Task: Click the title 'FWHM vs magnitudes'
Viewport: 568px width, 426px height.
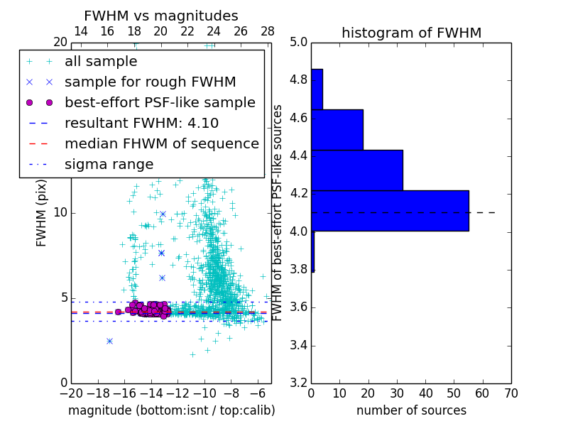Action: click(x=161, y=16)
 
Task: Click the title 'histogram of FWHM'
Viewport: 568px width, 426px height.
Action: click(x=411, y=33)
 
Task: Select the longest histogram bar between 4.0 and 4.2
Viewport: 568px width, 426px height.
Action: click(x=390, y=211)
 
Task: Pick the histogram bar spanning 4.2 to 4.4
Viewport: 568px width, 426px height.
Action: click(x=357, y=170)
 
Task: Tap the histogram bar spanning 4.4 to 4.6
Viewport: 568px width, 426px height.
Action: click(x=337, y=130)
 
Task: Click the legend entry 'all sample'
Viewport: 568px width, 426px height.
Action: click(x=101, y=62)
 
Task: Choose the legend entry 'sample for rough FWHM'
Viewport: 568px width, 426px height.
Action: click(x=150, y=82)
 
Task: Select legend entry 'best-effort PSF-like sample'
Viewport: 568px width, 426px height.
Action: click(x=160, y=102)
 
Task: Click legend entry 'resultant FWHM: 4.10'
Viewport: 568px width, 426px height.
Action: click(x=141, y=123)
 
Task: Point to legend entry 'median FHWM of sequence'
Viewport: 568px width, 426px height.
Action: click(x=161, y=143)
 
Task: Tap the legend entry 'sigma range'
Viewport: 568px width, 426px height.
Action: click(x=109, y=164)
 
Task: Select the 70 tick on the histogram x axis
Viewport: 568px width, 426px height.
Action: click(x=510, y=393)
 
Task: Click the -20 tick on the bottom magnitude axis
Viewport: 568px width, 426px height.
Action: click(x=71, y=393)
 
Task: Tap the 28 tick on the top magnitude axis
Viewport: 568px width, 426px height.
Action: click(x=268, y=31)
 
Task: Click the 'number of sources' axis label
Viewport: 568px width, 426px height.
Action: click(x=411, y=410)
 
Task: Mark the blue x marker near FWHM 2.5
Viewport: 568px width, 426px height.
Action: click(x=109, y=341)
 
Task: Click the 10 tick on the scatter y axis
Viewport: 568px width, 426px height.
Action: click(x=60, y=212)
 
